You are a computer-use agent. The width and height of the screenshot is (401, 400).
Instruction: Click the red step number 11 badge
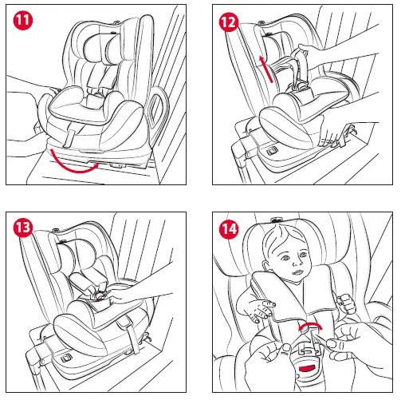click(x=23, y=20)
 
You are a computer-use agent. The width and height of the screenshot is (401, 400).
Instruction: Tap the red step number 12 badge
click(x=229, y=22)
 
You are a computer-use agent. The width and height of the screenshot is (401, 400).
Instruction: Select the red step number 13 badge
click(x=23, y=228)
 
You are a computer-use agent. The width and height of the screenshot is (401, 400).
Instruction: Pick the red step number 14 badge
click(x=229, y=228)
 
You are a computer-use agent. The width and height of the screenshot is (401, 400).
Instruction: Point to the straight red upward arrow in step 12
click(x=266, y=69)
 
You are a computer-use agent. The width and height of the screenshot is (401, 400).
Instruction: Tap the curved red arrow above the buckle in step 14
click(x=310, y=326)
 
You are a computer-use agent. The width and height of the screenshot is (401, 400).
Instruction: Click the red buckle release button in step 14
click(x=308, y=368)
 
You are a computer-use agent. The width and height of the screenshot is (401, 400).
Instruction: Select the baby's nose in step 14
click(x=297, y=263)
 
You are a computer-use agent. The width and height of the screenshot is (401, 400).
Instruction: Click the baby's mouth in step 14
click(x=297, y=272)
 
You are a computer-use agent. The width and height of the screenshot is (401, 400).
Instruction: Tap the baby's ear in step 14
click(x=265, y=266)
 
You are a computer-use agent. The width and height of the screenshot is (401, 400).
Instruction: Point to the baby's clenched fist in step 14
click(x=346, y=303)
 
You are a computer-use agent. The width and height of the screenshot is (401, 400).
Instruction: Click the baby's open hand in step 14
click(x=257, y=308)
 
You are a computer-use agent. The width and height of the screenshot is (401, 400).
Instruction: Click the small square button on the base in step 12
click(x=272, y=151)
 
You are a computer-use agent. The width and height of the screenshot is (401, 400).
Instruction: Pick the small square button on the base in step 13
click(x=65, y=358)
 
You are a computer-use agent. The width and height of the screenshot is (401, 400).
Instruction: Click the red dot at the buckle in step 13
click(x=100, y=299)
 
